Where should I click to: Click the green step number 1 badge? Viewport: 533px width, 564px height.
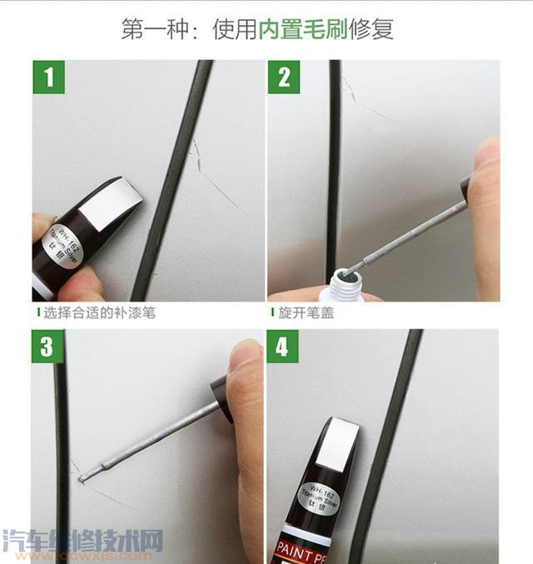point(49,77)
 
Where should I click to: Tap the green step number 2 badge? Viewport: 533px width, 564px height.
point(284,77)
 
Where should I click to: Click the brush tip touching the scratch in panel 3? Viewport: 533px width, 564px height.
point(83,476)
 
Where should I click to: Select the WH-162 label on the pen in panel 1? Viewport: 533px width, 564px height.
point(65,237)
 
